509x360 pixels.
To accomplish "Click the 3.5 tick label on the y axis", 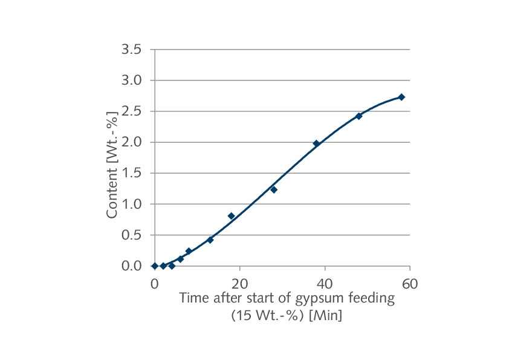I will (x=131, y=49).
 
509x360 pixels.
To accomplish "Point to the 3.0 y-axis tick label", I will (x=131, y=80).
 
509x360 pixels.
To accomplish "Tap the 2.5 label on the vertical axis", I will (x=131, y=111).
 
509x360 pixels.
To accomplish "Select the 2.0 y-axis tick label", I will (x=131, y=142).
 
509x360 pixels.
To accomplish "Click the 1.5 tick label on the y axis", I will (x=131, y=173).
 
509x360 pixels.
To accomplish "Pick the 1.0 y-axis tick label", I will (x=131, y=204).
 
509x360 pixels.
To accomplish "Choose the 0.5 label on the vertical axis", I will (x=131, y=235).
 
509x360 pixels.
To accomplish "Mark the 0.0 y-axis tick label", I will (x=131, y=266).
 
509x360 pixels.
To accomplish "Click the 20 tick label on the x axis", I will (x=240, y=283).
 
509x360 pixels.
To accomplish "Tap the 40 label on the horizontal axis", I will (x=325, y=283).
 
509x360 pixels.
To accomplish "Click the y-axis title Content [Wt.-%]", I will (x=112, y=164).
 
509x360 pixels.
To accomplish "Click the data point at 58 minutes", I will (x=401, y=97).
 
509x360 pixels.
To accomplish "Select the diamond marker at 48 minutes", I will (x=359, y=116).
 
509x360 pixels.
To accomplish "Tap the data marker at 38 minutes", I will (x=316, y=143).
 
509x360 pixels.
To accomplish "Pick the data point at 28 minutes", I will (x=274, y=189).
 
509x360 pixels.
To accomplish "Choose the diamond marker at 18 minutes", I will (x=231, y=215).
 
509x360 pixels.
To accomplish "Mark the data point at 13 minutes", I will (x=210, y=240).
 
